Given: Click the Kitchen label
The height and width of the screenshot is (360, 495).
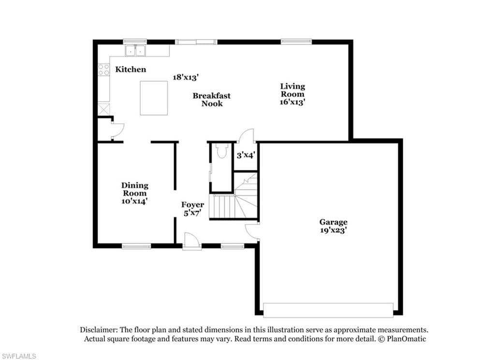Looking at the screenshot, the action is (x=131, y=70).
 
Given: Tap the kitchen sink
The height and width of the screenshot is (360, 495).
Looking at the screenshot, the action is (x=135, y=51).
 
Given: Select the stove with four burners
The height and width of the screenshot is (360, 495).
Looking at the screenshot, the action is (x=103, y=70).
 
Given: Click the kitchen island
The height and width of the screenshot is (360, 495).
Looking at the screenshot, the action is (x=154, y=98).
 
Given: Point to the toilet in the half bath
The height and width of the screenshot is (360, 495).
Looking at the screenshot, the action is (x=222, y=150).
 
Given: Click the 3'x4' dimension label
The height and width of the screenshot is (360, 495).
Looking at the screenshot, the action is (x=246, y=155).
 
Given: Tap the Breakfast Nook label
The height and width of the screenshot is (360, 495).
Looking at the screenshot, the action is (x=212, y=100).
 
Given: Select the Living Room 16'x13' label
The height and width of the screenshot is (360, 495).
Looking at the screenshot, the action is (x=292, y=94).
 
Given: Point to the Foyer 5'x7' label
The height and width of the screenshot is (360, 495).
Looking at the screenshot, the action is (x=192, y=209).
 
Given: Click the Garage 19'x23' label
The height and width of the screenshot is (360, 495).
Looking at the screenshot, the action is (x=334, y=226).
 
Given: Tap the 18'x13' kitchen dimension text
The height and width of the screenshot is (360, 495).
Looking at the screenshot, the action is (x=186, y=77).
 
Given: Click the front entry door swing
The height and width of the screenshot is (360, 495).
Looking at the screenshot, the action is (x=191, y=240).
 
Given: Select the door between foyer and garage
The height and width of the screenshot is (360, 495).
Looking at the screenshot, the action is (x=252, y=232).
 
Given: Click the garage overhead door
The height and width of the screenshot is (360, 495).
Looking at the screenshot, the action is (x=328, y=310).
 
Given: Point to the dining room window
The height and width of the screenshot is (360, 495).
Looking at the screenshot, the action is (x=136, y=246).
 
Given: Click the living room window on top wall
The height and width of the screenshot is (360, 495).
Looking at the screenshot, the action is (x=296, y=42).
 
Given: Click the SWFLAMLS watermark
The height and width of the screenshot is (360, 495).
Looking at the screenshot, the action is (x=18, y=356).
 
